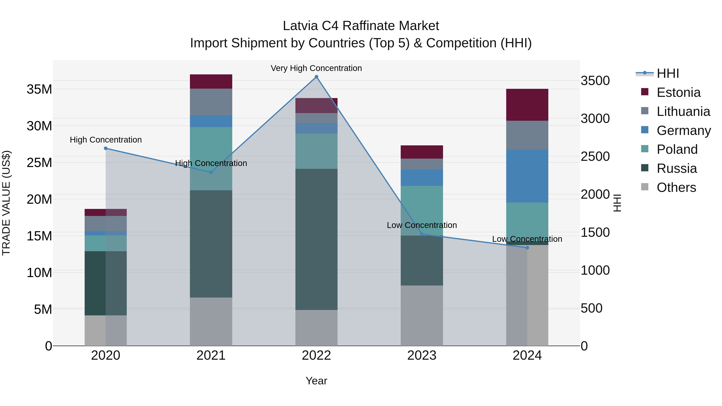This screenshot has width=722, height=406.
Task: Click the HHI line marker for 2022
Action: [x=316, y=77]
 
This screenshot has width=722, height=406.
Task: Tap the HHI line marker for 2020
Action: [x=106, y=148]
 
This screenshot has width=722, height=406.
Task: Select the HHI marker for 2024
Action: [x=527, y=248]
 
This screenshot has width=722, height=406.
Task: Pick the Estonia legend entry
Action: [x=678, y=92]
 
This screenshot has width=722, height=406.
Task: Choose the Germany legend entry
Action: [x=683, y=131]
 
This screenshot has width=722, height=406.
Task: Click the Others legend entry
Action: [x=676, y=187]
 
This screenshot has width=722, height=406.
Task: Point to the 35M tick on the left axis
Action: [x=39, y=89]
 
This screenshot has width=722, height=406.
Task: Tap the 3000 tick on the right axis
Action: [x=595, y=118]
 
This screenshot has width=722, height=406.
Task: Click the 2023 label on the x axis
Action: [x=422, y=355]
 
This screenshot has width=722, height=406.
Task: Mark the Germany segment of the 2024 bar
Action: [x=527, y=176]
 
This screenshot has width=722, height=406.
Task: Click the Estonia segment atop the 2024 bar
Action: [x=527, y=105]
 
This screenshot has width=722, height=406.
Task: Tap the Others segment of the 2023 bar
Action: [x=422, y=316]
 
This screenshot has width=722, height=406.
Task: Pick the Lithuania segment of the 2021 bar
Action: [x=211, y=102]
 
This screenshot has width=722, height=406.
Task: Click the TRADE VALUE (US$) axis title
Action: [x=6, y=203]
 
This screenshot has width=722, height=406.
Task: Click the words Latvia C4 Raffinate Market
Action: [x=361, y=26]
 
